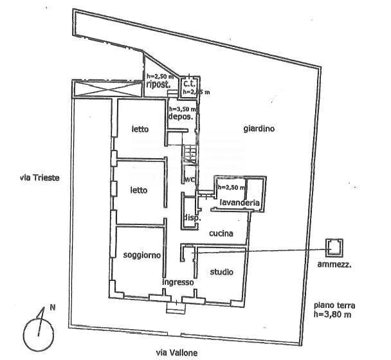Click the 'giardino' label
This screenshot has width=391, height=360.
259,129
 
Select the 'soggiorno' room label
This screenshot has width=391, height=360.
141,255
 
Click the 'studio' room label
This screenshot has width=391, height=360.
222,273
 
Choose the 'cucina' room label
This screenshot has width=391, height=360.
219,234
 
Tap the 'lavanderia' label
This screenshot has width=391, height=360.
239,203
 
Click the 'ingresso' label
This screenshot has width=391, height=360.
177,282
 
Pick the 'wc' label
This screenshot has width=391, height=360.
190,179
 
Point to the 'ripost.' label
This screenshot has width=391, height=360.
158,84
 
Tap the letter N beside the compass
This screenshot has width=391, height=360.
52,307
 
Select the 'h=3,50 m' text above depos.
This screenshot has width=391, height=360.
183,109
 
